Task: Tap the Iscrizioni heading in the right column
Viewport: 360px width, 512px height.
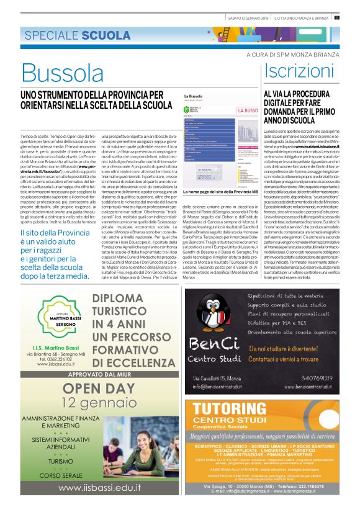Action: (296, 71)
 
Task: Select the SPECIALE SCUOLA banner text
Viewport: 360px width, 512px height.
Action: (69, 35)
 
